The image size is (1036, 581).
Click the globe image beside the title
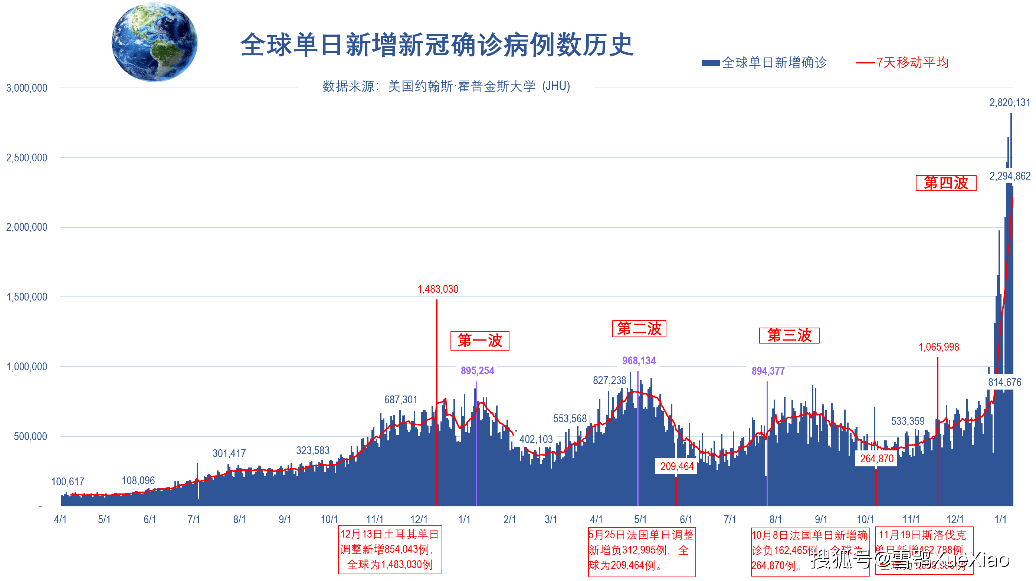tap(154, 42)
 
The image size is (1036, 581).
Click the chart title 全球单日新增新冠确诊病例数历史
tap(437, 45)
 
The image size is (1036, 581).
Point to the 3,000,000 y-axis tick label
tap(27, 88)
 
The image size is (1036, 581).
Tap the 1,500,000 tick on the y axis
tap(27, 297)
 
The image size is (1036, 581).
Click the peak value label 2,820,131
tap(1009, 102)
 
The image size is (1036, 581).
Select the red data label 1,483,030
tap(437, 289)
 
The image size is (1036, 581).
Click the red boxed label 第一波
tap(479, 341)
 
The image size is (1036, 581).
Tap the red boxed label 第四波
tap(945, 183)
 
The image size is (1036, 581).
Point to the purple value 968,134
tap(639, 361)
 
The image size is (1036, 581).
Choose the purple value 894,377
tap(768, 371)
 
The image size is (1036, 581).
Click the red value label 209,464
tap(676, 466)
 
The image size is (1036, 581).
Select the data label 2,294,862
tap(1009, 176)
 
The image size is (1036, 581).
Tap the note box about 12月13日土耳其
tap(390, 549)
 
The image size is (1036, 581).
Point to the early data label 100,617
tap(68, 482)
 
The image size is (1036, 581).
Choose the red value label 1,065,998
tap(938, 347)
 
